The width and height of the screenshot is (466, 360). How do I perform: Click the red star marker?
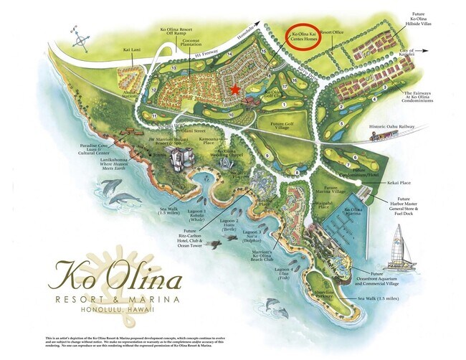(236, 89)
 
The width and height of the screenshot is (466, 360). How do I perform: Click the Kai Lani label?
(132, 50)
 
